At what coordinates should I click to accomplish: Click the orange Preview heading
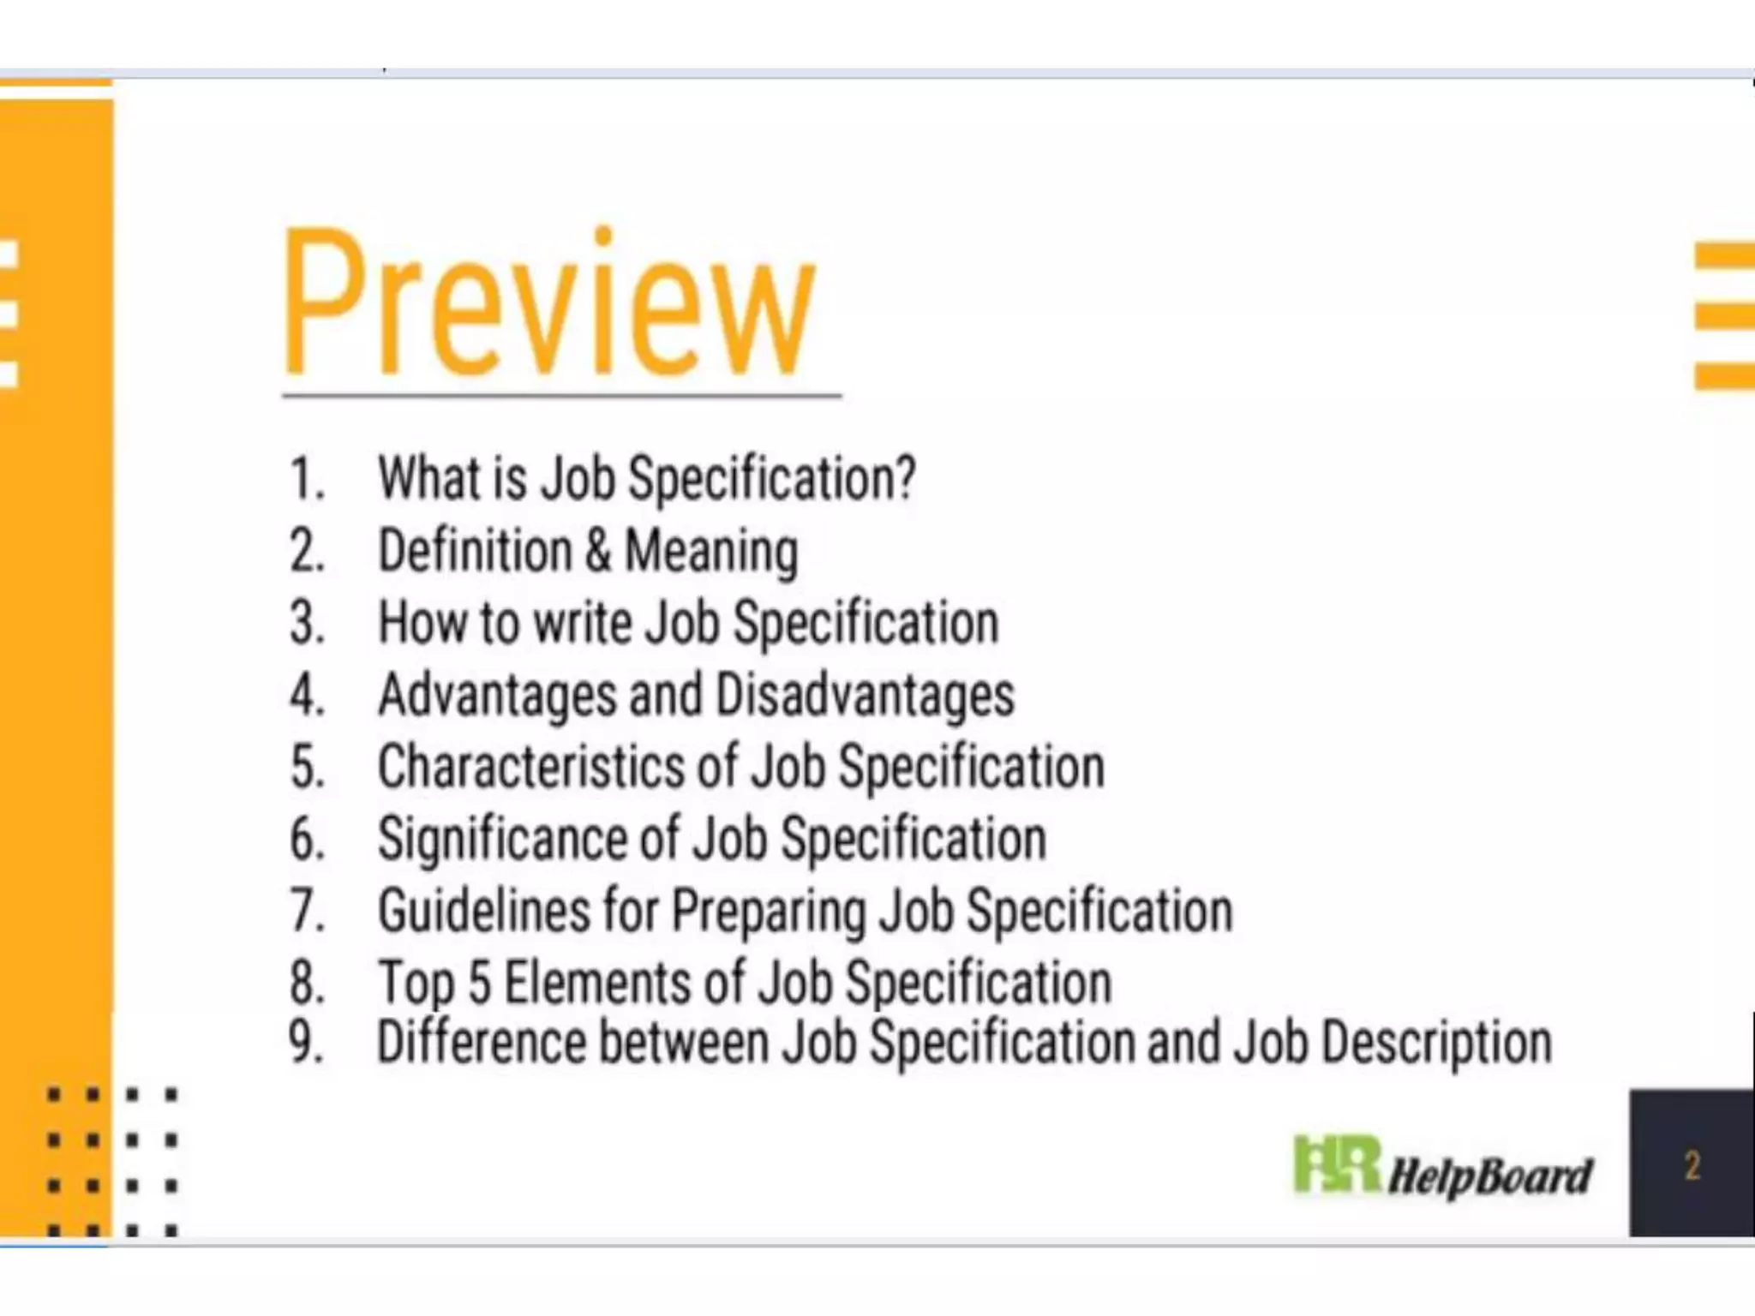click(x=548, y=304)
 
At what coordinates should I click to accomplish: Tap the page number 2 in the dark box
click(x=1692, y=1166)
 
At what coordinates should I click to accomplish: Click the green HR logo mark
click(x=1335, y=1164)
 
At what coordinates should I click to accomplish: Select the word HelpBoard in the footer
click(x=1489, y=1175)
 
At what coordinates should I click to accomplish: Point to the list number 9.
click(x=305, y=1042)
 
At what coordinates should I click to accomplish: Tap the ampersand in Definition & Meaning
click(x=598, y=550)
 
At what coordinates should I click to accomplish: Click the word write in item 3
click(x=583, y=622)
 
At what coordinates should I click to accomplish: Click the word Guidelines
click(x=483, y=910)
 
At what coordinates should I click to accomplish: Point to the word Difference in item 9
click(x=481, y=1042)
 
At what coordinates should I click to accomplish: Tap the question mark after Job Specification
click(x=905, y=478)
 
